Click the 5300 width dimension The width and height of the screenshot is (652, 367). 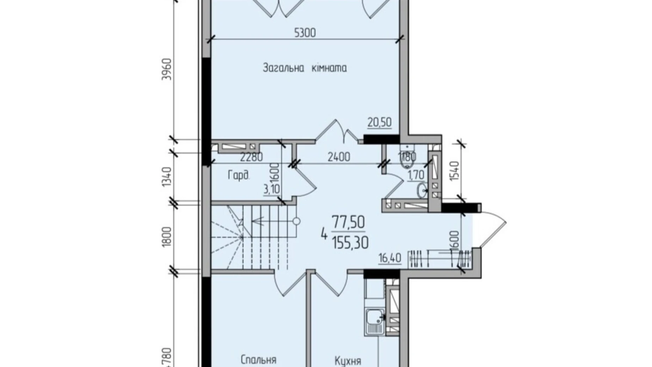(x=305, y=33)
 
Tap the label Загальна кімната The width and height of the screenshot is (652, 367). (x=305, y=68)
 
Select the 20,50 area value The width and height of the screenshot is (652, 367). (x=379, y=122)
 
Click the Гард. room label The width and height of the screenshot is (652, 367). (x=239, y=175)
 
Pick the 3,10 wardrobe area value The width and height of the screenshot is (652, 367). (x=271, y=189)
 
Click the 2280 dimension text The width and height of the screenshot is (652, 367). (x=251, y=157)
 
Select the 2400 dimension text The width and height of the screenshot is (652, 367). (x=339, y=157)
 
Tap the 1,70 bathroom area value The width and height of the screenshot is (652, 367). (x=416, y=175)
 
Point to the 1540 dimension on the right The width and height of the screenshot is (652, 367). (x=455, y=171)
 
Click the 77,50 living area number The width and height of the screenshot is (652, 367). (x=348, y=223)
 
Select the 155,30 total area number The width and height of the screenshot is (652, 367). (x=350, y=243)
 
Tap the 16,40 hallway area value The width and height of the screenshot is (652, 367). (x=389, y=258)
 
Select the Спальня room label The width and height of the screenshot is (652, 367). (x=258, y=360)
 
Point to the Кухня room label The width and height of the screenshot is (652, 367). (x=347, y=361)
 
